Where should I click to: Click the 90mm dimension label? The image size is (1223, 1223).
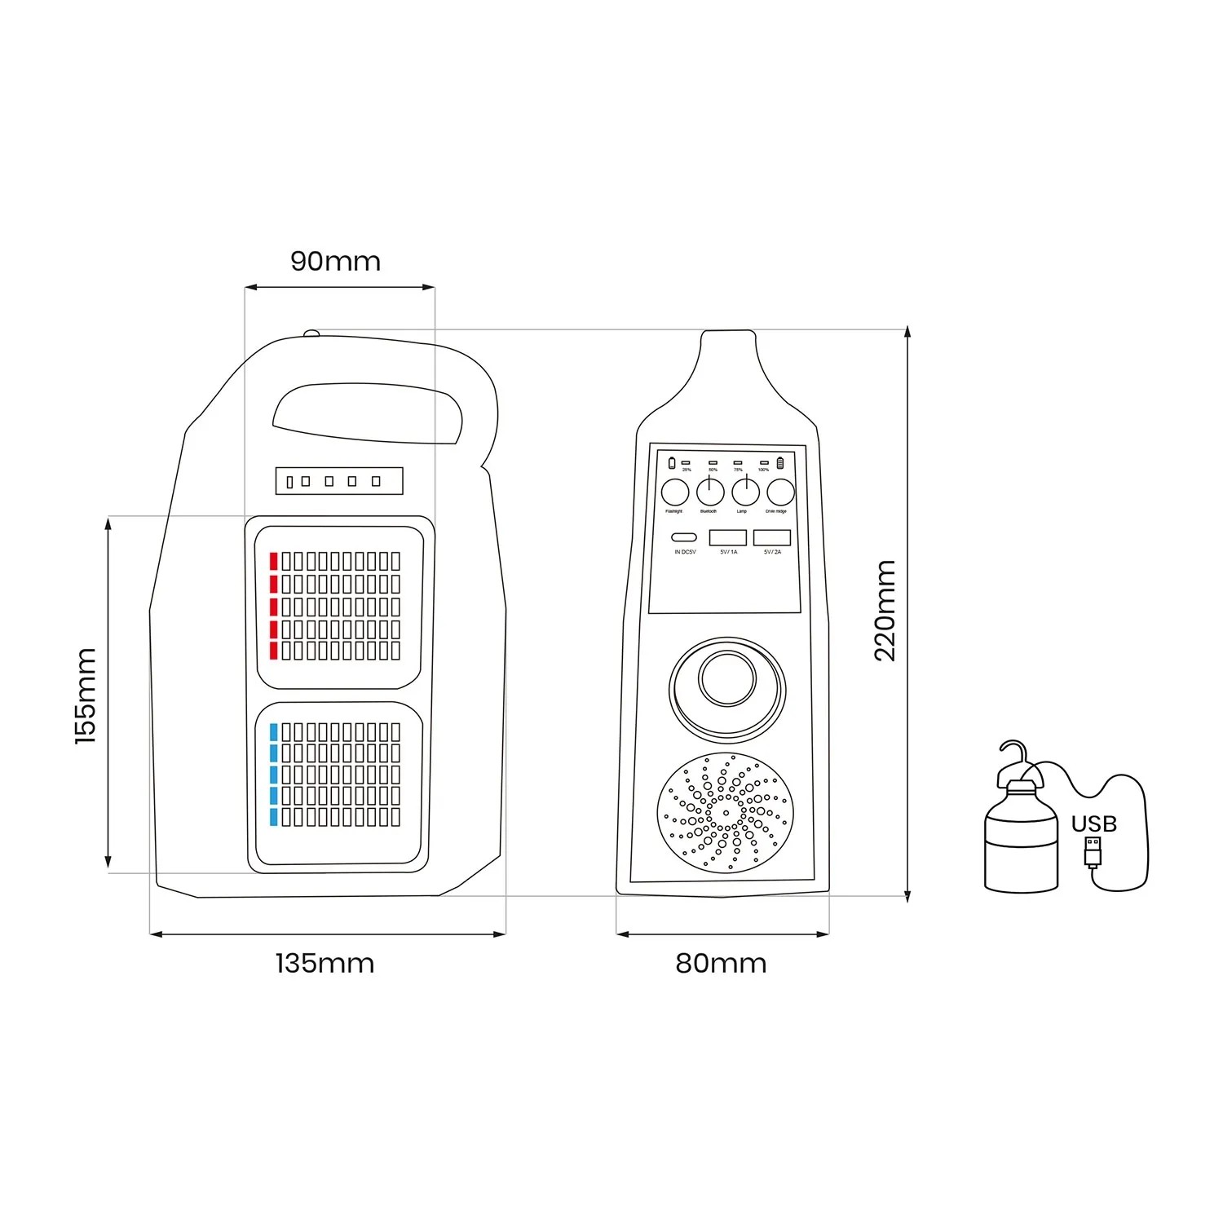(335, 262)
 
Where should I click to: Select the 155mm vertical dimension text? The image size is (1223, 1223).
(86, 695)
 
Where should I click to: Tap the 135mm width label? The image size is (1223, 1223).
(325, 964)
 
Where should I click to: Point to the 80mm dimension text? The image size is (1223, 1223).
(721, 964)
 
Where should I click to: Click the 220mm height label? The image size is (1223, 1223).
(885, 611)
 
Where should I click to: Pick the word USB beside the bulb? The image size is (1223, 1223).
(1093, 823)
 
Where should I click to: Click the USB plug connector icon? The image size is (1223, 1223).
(1093, 852)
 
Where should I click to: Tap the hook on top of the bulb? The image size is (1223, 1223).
(1013, 753)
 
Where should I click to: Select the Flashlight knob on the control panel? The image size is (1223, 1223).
(674, 492)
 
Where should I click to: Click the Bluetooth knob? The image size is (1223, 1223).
(710, 492)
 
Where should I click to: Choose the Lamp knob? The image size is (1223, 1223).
(745, 492)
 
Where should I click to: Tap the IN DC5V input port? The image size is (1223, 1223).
(685, 538)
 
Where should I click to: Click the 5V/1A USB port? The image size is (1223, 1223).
(728, 538)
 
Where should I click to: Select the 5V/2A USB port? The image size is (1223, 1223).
(772, 538)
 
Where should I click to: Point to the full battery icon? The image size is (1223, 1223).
(780, 464)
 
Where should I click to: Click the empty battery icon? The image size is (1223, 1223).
(672, 464)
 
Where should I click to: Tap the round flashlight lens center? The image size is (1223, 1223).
(727, 678)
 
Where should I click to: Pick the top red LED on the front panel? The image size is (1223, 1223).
(274, 561)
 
